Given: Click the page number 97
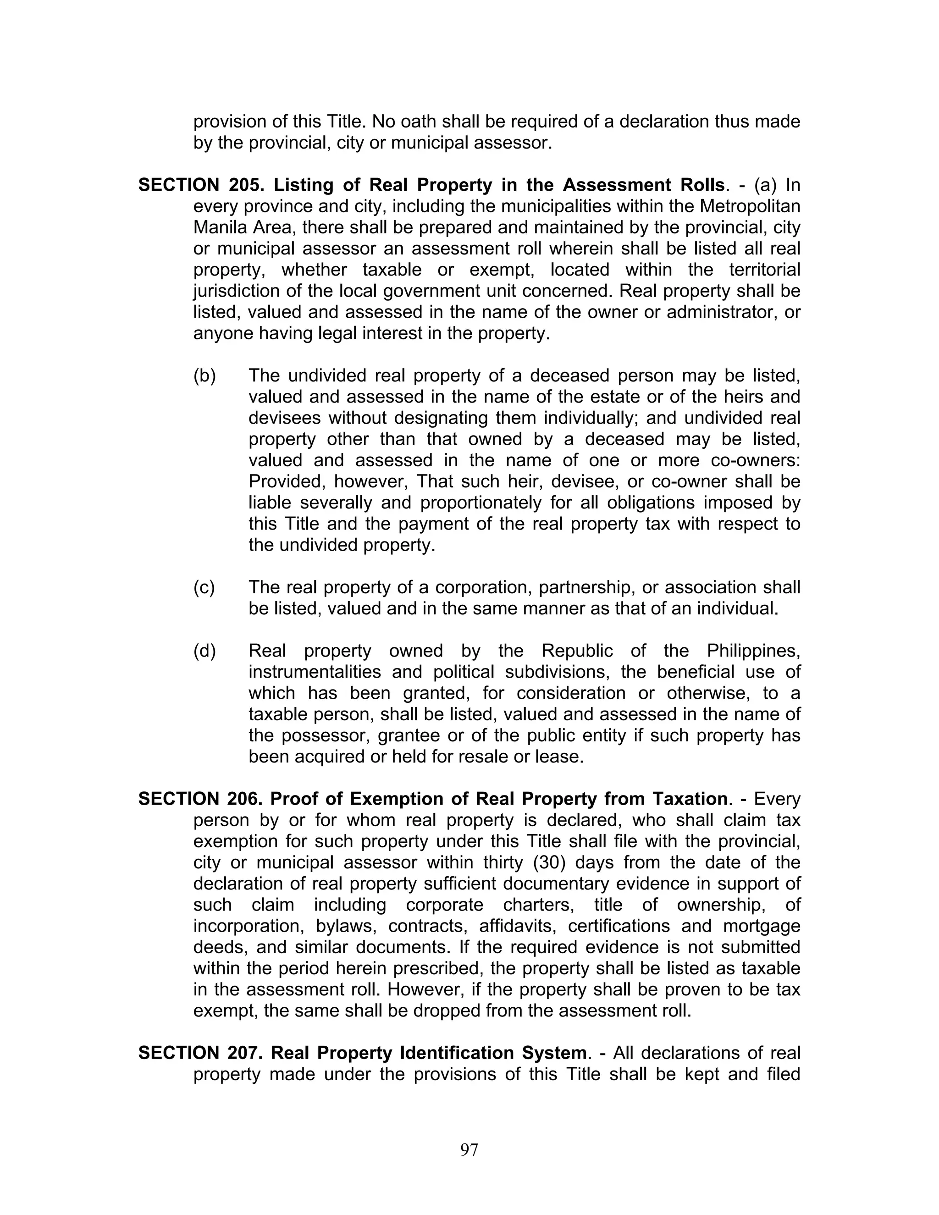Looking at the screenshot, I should tap(469, 1149).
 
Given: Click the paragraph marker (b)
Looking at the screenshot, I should tap(204, 376).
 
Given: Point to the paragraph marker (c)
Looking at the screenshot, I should tap(204, 587).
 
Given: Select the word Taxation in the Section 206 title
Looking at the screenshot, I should tap(690, 799).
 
